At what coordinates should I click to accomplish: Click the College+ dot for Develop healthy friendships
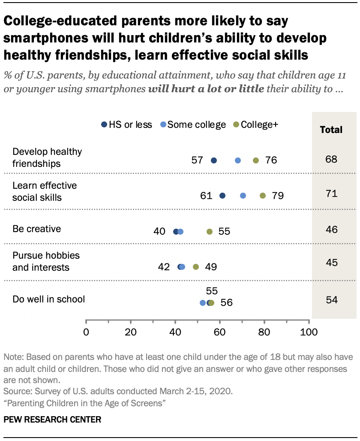[x=256, y=160]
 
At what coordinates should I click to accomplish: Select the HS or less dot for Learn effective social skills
[x=222, y=196]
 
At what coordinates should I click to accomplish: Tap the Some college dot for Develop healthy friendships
[x=238, y=160]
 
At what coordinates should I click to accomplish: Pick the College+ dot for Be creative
[x=210, y=232]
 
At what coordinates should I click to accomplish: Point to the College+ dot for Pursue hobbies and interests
[x=196, y=267]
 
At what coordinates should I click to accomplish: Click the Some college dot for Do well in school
[x=203, y=302]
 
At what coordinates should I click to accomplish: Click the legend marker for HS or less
[x=104, y=125]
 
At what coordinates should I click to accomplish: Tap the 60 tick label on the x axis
[x=219, y=332]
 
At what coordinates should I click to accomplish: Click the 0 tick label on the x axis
[x=86, y=332]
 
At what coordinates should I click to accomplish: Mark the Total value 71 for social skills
[x=331, y=194]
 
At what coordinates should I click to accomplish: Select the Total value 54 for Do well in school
[x=331, y=299]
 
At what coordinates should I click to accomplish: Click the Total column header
[x=331, y=130]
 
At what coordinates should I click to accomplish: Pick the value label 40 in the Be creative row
[x=159, y=232]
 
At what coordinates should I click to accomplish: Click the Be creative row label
[x=37, y=229]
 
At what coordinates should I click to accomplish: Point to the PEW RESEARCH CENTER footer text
[x=52, y=420]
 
